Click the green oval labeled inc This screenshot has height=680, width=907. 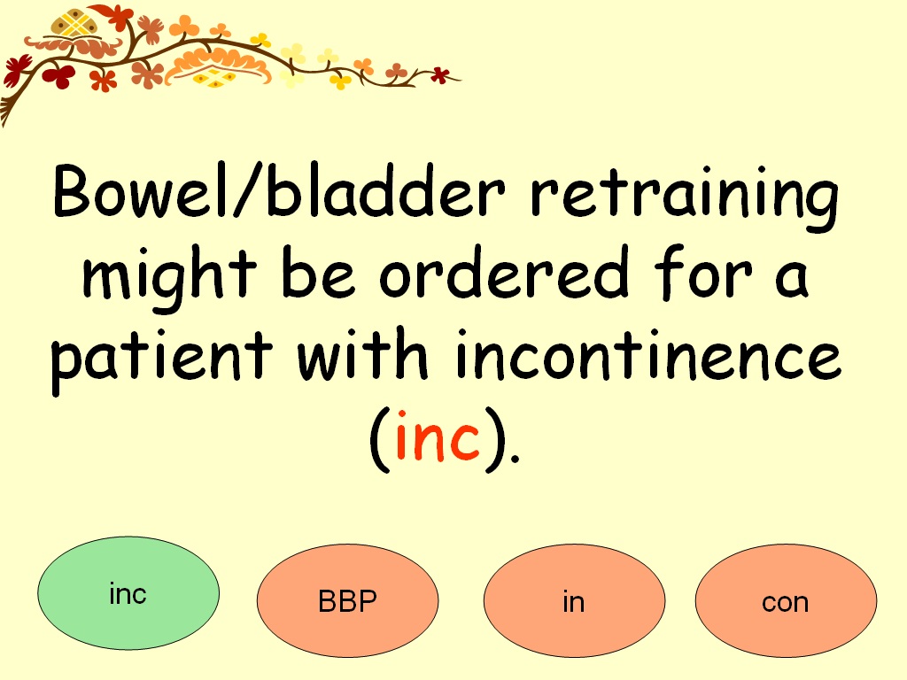click(128, 592)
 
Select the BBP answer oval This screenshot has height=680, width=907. click(347, 600)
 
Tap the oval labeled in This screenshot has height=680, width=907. click(574, 600)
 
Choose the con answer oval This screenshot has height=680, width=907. click(787, 600)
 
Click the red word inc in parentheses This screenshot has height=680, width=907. click(438, 437)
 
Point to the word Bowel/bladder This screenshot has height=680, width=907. click(279, 190)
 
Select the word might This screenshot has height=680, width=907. click(169, 279)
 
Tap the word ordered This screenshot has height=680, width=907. click(504, 272)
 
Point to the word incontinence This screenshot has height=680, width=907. click(647, 352)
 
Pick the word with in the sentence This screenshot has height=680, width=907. click(362, 352)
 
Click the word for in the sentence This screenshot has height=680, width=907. click(703, 272)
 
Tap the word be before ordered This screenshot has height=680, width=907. click(318, 272)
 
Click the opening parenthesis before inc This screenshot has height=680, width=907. click(379, 439)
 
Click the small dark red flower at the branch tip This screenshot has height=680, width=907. click(441, 74)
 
